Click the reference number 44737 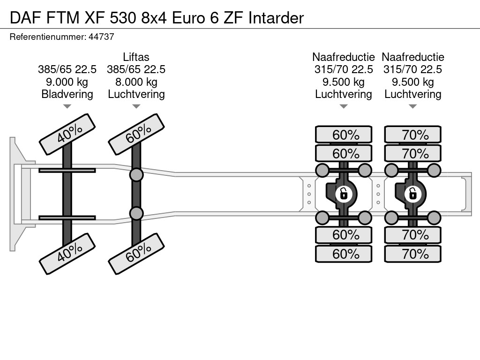pos(101,36)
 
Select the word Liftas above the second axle pos(136,57)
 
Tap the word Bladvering pos(67,94)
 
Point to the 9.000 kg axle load pos(67,82)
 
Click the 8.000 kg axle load pos(136,82)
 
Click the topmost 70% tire pos(413,135)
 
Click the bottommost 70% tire pos(413,254)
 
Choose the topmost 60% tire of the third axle pos(344,135)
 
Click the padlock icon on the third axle pos(344,193)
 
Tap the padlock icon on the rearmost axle pos(412,193)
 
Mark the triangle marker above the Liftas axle pos(136,107)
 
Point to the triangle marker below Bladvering pos(67,107)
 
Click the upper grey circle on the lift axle pos(136,175)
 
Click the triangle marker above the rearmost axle pos(412,107)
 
